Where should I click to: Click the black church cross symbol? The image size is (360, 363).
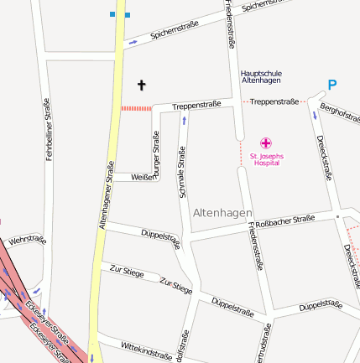[x=141, y=85]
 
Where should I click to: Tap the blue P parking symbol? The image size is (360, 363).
[x=332, y=85]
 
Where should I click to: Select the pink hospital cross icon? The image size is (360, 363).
[x=266, y=143]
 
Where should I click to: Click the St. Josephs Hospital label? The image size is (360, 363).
[x=266, y=158]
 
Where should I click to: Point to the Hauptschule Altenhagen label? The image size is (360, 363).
[x=260, y=75]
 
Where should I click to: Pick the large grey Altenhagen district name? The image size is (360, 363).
[x=222, y=214]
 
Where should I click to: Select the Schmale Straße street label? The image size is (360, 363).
[x=181, y=173]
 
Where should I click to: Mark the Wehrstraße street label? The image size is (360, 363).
[x=27, y=241]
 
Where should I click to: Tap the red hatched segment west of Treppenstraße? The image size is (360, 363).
[x=136, y=108]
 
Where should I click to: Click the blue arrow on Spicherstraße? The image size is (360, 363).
[x=133, y=42]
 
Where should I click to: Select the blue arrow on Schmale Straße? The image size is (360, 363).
[x=184, y=122]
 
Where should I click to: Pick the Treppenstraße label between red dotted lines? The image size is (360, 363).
[x=274, y=101]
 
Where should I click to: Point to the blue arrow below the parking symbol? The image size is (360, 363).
[x=316, y=115]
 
